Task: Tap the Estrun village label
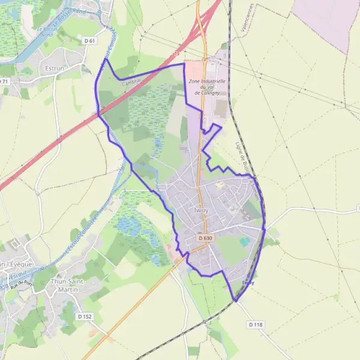tap(54, 68)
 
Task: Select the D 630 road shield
tap(205, 238)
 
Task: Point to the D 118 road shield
tap(255, 325)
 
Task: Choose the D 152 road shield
tap(85, 316)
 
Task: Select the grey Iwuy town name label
tap(201, 211)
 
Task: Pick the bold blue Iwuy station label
tap(248, 283)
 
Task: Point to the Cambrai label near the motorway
tap(131, 82)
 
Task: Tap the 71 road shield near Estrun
tap(4, 81)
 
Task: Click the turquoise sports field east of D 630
tap(244, 242)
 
